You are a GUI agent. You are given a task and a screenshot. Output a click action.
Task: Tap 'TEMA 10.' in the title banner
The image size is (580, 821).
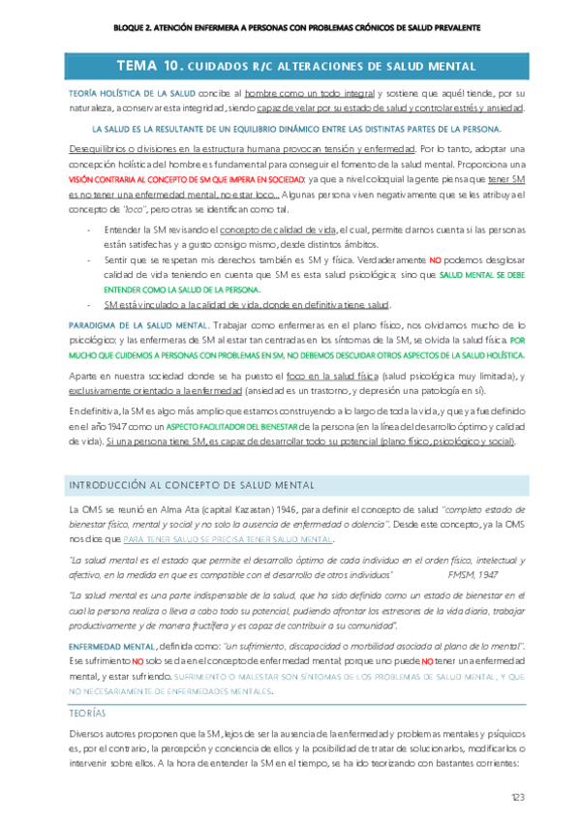[149, 67]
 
